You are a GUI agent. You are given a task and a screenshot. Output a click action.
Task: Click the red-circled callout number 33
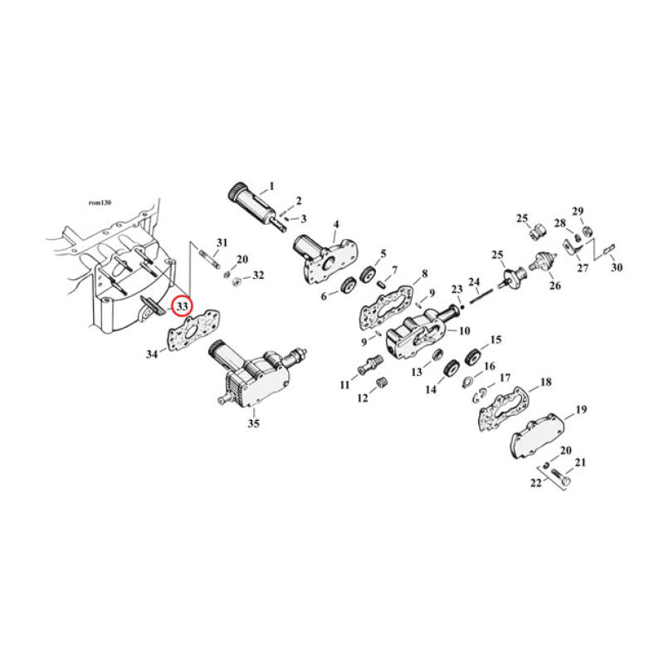tap(181, 306)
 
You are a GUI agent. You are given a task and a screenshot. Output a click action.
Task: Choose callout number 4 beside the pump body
tap(336, 225)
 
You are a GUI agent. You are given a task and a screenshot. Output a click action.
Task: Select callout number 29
tap(577, 211)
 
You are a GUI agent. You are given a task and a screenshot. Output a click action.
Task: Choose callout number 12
tap(363, 398)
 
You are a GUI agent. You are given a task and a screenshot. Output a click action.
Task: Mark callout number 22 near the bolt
tap(536, 483)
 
